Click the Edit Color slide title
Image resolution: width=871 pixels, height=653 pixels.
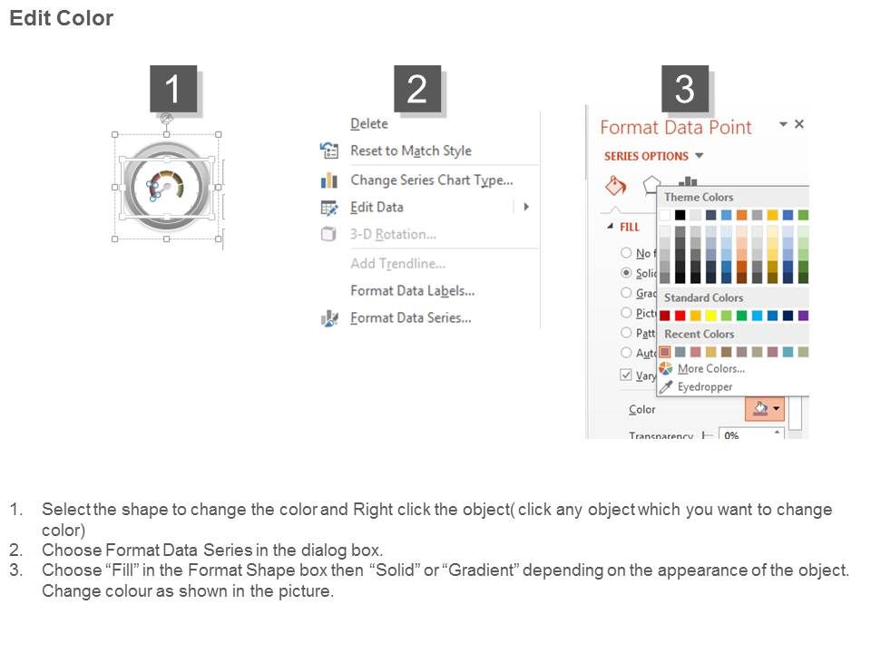[x=61, y=18]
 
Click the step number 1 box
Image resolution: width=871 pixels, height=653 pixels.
[x=172, y=89]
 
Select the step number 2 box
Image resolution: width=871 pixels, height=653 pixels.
[x=416, y=89]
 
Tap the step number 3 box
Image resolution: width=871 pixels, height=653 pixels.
[x=684, y=89]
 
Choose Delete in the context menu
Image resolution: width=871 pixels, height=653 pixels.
[x=368, y=123]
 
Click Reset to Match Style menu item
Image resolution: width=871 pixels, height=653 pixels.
[x=410, y=151]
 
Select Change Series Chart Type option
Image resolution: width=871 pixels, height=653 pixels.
[x=431, y=180]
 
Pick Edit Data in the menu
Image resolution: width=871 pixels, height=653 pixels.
[x=377, y=207]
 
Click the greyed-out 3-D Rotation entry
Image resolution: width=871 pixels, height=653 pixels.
[x=393, y=234]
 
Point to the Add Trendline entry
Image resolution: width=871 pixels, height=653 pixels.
[x=397, y=263]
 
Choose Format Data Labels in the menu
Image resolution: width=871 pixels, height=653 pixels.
[x=412, y=290]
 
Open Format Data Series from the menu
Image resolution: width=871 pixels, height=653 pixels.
[x=410, y=317]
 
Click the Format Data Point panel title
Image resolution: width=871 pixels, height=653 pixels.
[x=676, y=127]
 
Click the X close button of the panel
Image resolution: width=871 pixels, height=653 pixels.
[x=798, y=124]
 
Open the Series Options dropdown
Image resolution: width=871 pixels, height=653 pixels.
[x=653, y=156]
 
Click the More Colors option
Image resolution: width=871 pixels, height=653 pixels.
[x=710, y=368]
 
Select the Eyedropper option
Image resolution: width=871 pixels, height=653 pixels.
[x=704, y=386]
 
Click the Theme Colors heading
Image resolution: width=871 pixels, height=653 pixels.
[x=699, y=197]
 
